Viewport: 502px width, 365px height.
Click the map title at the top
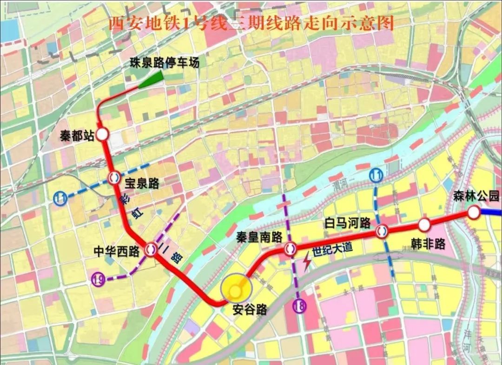tap(251, 23)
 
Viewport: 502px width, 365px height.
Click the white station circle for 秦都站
tap(102, 135)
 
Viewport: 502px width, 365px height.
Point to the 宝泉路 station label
tap(142, 184)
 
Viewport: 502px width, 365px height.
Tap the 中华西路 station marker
tap(151, 249)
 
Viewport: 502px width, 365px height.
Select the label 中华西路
tap(117, 252)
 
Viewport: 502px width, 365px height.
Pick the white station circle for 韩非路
tap(424, 225)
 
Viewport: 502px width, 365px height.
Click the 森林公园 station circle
tap(474, 212)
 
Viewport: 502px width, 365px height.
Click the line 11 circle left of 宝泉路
tap(60, 198)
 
